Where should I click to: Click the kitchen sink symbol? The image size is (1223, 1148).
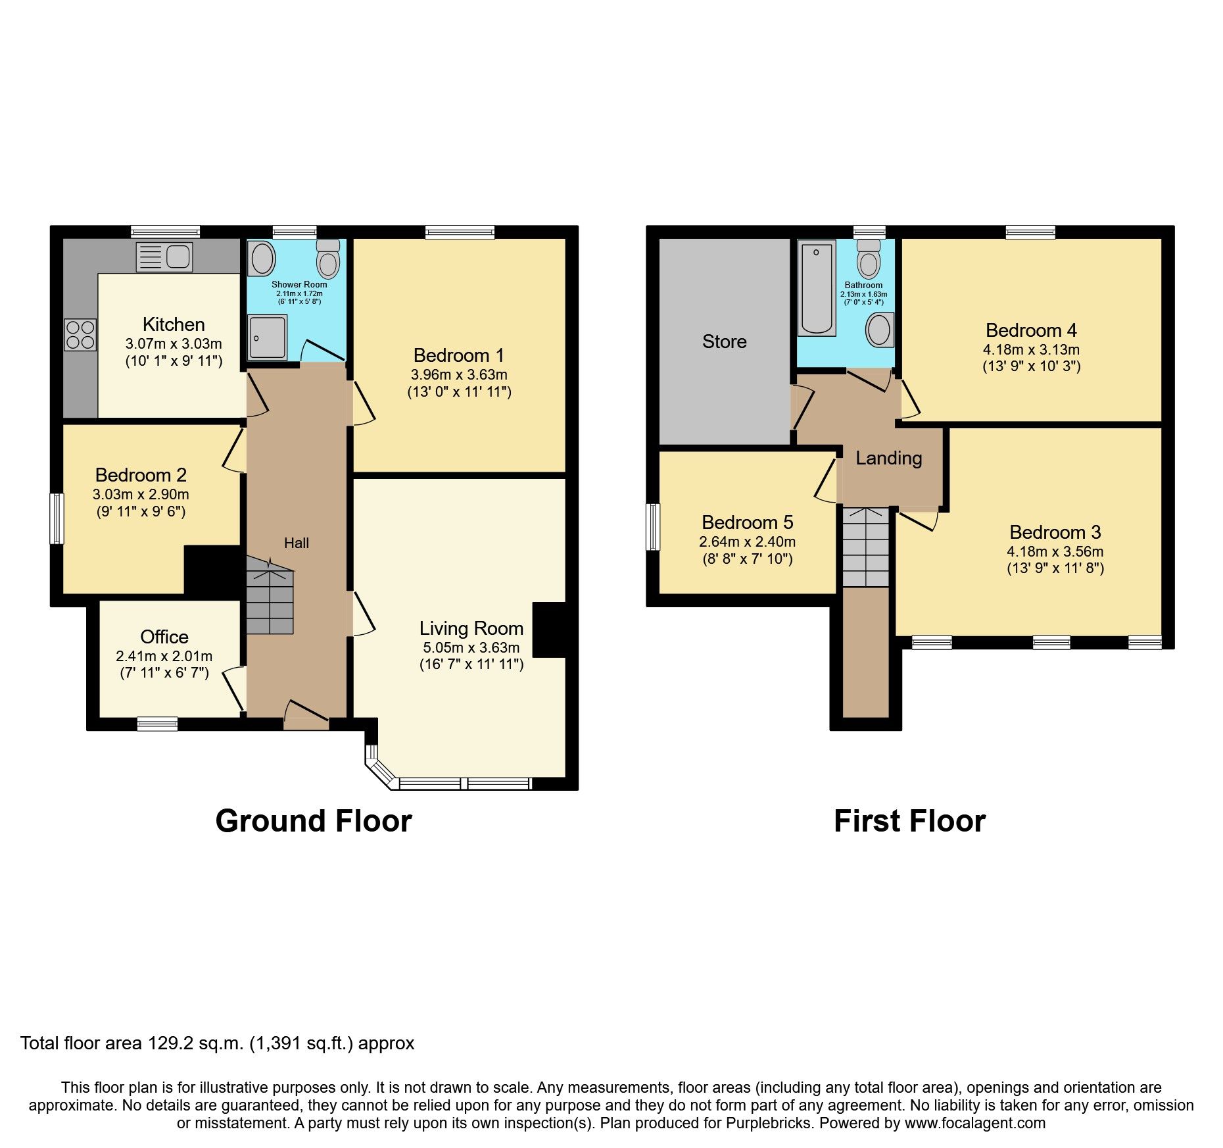pyautogui.click(x=164, y=257)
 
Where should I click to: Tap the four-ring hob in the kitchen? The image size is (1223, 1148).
pyautogui.click(x=80, y=334)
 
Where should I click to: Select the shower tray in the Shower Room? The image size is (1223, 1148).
pyautogui.click(x=268, y=337)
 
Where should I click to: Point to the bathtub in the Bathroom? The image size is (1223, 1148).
pyautogui.click(x=816, y=287)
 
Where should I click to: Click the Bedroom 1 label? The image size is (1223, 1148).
pyautogui.click(x=458, y=356)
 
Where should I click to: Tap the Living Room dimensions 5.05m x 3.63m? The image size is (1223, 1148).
pyautogui.click(x=471, y=647)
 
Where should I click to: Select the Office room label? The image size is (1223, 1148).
pyautogui.click(x=164, y=637)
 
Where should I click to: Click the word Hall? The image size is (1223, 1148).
pyautogui.click(x=297, y=543)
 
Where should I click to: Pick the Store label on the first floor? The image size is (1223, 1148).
pyautogui.click(x=724, y=341)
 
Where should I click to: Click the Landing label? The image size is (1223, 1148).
pyautogui.click(x=888, y=458)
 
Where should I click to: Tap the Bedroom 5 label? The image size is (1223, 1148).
pyautogui.click(x=747, y=522)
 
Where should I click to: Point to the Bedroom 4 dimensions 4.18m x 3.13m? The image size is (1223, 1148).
pyautogui.click(x=1031, y=349)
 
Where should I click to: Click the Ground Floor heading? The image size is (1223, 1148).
pyautogui.click(x=314, y=821)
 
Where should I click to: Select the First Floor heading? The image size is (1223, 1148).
pyautogui.click(x=909, y=821)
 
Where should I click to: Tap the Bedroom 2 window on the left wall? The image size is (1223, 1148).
pyautogui.click(x=58, y=518)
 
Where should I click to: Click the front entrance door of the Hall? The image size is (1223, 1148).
pyautogui.click(x=306, y=717)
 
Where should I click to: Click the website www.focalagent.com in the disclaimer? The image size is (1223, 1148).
pyautogui.click(x=974, y=1123)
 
